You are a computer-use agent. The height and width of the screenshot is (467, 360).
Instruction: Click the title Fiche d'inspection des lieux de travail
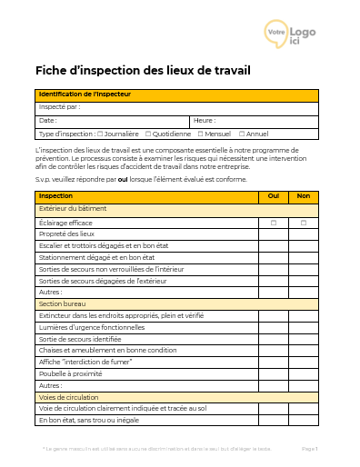click(143, 71)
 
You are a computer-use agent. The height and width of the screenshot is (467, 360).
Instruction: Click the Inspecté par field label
click(59, 107)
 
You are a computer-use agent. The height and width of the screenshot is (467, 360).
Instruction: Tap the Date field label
click(47, 120)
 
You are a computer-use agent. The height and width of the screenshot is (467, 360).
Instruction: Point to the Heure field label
click(204, 120)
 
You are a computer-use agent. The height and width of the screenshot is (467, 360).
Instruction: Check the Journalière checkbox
click(99, 133)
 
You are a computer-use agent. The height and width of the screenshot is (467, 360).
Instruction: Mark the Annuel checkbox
click(242, 133)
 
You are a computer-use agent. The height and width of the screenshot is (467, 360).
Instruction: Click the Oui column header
click(273, 196)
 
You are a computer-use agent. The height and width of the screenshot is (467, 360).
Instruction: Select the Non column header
click(304, 196)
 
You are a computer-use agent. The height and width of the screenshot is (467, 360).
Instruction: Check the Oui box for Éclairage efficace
click(273, 223)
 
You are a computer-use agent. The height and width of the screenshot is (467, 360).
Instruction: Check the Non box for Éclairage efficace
click(304, 223)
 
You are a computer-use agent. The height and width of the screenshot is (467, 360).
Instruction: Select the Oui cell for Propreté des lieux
click(273, 234)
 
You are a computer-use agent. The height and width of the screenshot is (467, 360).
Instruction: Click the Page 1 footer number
click(309, 449)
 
